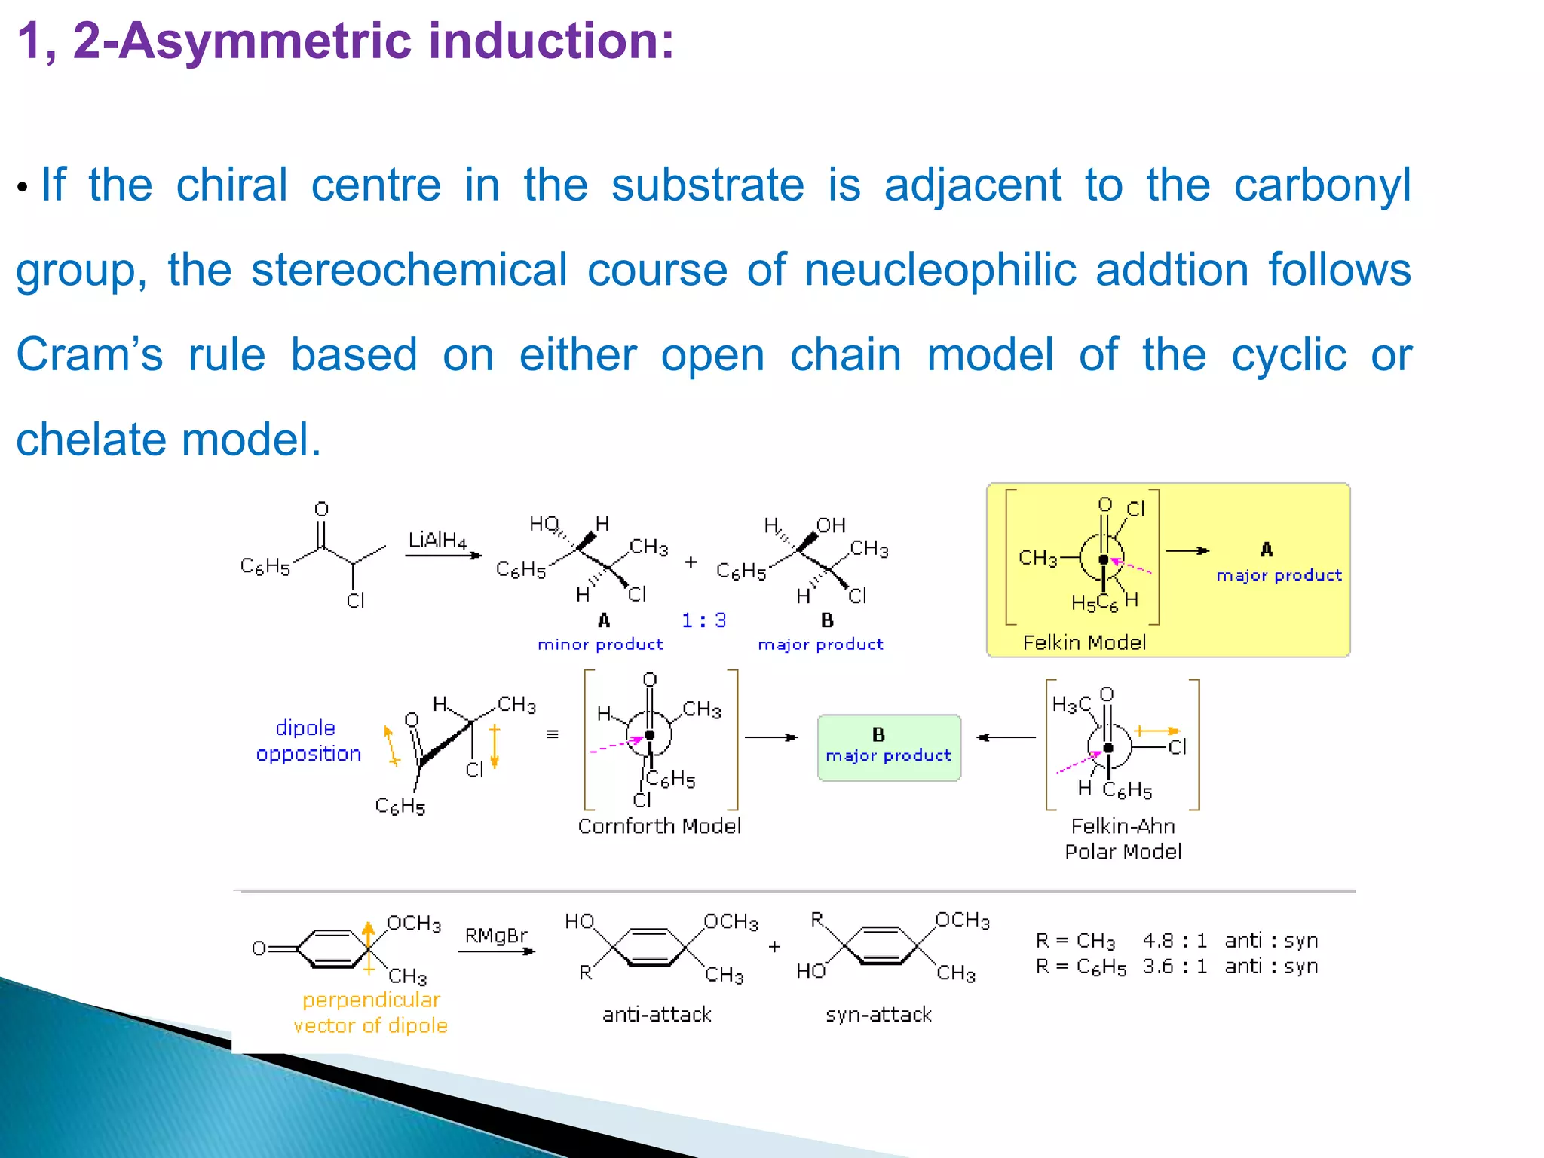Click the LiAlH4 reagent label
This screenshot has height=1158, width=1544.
[x=437, y=541]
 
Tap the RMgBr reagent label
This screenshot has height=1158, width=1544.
[x=495, y=936]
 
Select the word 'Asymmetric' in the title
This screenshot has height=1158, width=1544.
[x=265, y=41]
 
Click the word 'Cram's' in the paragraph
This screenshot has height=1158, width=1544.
[x=90, y=354]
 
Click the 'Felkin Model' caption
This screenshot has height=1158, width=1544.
[x=1083, y=642]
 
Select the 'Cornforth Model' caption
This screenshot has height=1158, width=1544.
[x=659, y=826]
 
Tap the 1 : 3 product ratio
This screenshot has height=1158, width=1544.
[x=703, y=620]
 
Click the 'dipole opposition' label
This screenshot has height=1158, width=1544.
[x=308, y=740]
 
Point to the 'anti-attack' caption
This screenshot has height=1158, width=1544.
[x=657, y=1015]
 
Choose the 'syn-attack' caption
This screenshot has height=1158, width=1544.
[x=878, y=1015]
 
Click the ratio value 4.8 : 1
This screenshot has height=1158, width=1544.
[x=1174, y=941]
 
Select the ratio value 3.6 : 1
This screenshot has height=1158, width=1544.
[x=1174, y=967]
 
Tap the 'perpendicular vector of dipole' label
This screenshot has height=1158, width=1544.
[x=370, y=1012]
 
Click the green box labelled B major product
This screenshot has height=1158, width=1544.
[x=889, y=747]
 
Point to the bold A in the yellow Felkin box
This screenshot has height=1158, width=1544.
[x=1267, y=550]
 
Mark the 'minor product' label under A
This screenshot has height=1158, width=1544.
[x=600, y=645]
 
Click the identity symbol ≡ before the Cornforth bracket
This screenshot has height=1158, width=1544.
[x=553, y=734]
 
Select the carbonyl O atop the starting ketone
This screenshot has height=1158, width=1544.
[x=322, y=510]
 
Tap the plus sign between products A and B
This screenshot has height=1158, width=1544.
[x=691, y=562]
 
